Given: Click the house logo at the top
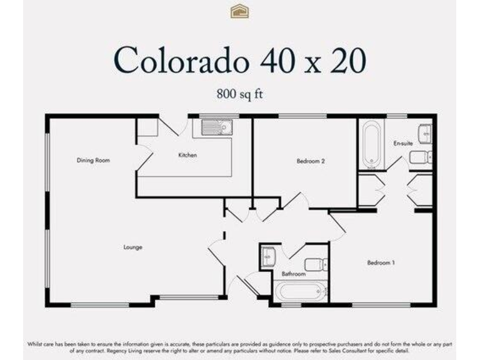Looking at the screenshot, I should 239,11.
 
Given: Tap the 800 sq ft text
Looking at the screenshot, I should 240,94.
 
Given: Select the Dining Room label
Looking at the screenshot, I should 93,161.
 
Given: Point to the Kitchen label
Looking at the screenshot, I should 187,155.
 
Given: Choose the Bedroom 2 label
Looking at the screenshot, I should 311,161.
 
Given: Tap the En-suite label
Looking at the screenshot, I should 403,143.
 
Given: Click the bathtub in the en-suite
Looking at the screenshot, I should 371,144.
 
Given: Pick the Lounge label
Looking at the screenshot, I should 132,247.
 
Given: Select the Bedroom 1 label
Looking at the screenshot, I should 381,262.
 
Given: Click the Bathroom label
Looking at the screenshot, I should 294,274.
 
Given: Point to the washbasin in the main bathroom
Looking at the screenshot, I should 269,257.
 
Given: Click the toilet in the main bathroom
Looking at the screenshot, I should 316,264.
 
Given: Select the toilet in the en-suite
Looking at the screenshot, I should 421,156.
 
